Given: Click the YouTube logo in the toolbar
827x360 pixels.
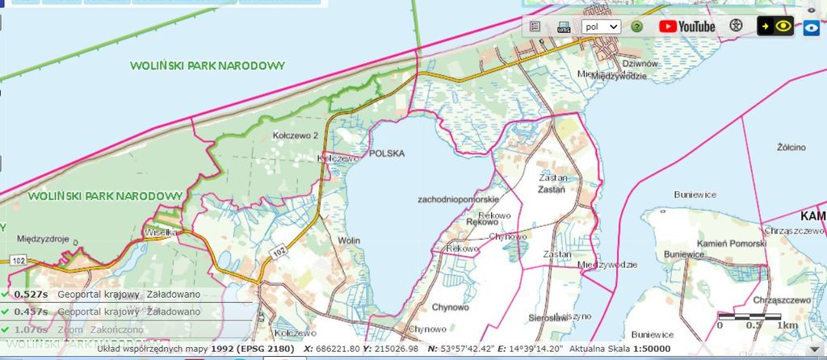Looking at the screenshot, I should click(x=687, y=26).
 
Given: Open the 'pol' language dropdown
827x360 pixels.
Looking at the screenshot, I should click(x=601, y=26).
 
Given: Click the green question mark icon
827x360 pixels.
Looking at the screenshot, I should click(x=637, y=26).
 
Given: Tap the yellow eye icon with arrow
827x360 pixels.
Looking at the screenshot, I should click(x=775, y=26).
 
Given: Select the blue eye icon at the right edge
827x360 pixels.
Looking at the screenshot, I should click(x=812, y=27).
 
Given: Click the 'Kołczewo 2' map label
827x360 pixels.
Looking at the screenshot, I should click(x=296, y=136).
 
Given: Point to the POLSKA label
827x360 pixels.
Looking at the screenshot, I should click(x=385, y=153).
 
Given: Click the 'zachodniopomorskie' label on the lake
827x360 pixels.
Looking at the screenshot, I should click(x=459, y=199).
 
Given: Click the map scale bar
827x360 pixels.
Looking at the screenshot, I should click(x=749, y=316).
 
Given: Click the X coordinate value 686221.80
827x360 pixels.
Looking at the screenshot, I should click(x=338, y=349).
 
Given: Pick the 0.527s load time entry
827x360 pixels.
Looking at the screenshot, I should click(x=31, y=295).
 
